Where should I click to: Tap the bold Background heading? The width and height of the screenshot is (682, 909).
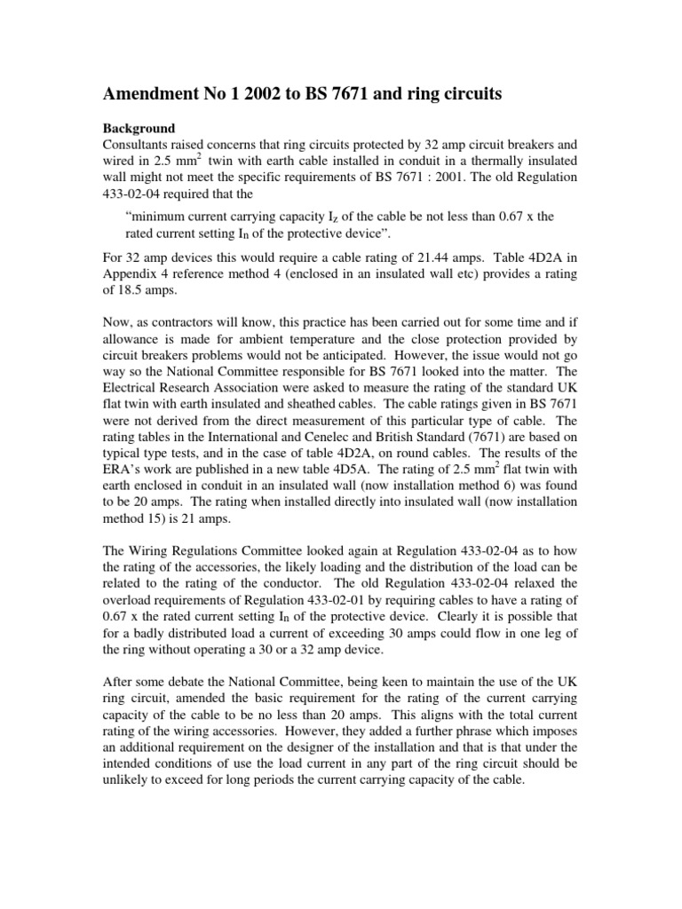pos(139,128)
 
